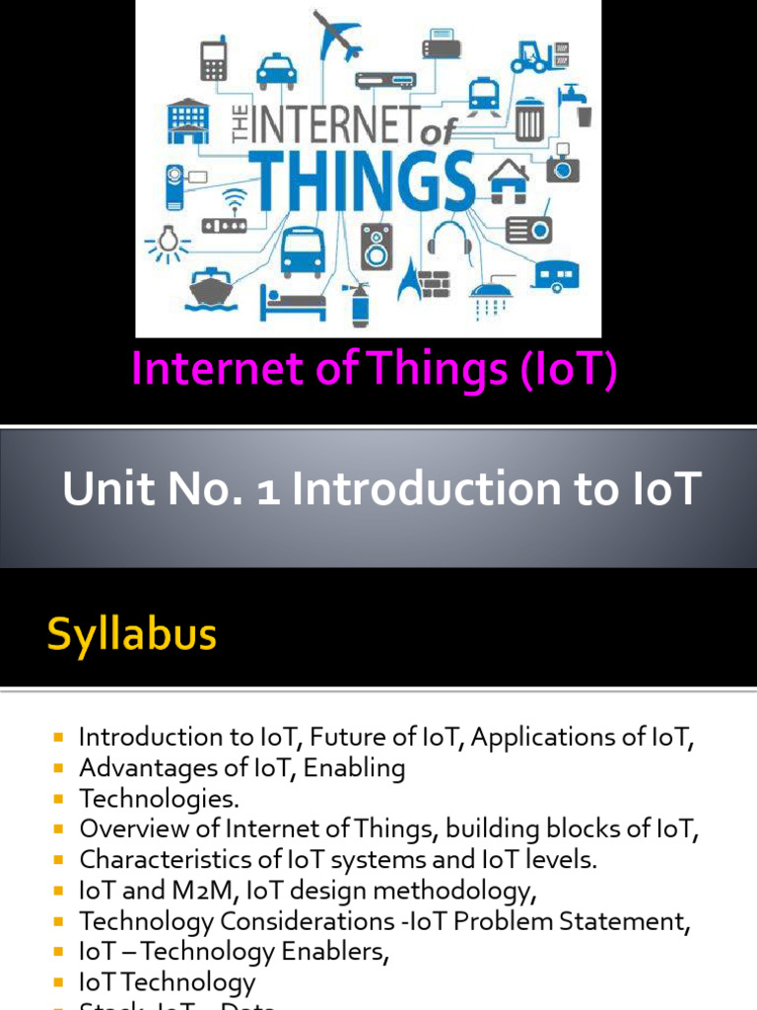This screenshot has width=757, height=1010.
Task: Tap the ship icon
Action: click(x=211, y=290)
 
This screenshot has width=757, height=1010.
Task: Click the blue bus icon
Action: click(x=303, y=251)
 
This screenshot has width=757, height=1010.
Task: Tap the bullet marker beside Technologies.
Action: click(x=59, y=799)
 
